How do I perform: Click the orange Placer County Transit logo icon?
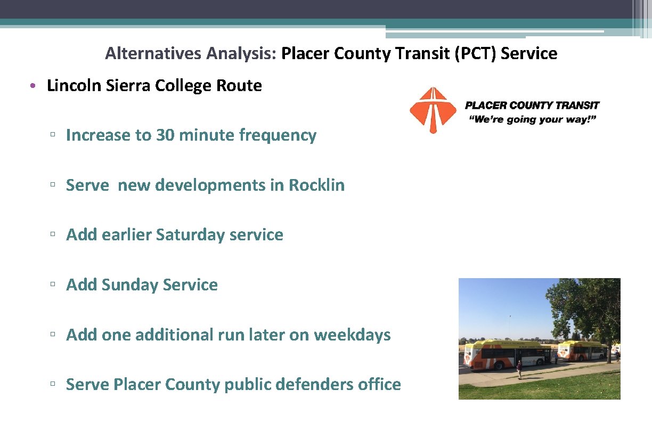coord(433,110)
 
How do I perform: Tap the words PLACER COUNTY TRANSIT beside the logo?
coord(532,106)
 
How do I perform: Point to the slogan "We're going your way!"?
coord(532,119)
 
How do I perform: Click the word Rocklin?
coord(316,185)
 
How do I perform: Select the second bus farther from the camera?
coord(582,351)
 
